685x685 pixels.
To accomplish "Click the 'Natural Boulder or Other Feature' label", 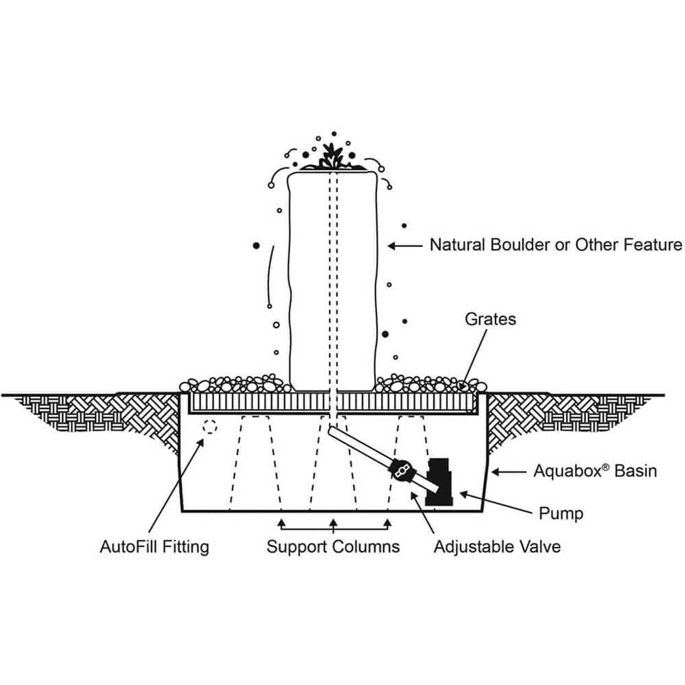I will click(556, 245).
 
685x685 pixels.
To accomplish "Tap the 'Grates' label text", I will click(490, 319).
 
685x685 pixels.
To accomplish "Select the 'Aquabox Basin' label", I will click(595, 471).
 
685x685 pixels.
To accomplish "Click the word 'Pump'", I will click(560, 514).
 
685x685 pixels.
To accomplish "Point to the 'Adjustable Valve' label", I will click(497, 546).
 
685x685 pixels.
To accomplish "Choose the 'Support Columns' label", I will click(333, 546).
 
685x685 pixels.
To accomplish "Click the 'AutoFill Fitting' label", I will click(154, 546).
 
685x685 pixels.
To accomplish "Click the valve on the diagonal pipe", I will click(401, 469).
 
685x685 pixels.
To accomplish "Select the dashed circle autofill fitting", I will click(210, 427).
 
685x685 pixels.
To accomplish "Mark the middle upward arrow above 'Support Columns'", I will click(333, 523).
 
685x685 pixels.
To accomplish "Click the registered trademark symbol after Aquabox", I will click(606, 467).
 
